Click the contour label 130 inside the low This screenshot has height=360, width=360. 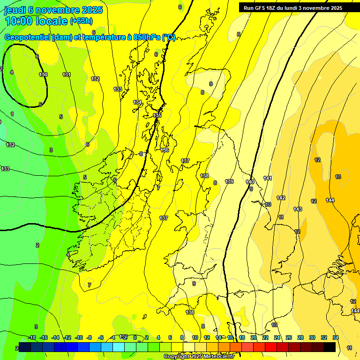(x=43, y=75)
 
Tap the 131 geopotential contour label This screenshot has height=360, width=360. (x=67, y=75)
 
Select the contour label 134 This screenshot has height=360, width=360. (x=137, y=102)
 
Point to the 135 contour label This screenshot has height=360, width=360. (x=157, y=115)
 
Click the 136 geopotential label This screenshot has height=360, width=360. (x=164, y=150)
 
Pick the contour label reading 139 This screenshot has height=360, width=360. (x=229, y=181)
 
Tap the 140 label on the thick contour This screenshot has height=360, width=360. (x=250, y=182)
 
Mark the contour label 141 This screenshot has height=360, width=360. (x=268, y=178)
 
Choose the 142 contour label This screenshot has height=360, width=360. (x=281, y=198)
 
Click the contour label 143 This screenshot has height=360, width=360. (x=298, y=209)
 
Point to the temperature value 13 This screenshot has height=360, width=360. (x=338, y=177)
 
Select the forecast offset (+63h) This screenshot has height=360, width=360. (x=82, y=21)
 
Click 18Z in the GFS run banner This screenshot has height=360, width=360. (x=271, y=8)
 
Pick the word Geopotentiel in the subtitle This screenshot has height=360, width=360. (x=27, y=37)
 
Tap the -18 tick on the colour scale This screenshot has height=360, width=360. (x=32, y=337)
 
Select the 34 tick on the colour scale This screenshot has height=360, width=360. (x=335, y=337)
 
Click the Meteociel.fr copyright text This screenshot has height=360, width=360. (x=216, y=356)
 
